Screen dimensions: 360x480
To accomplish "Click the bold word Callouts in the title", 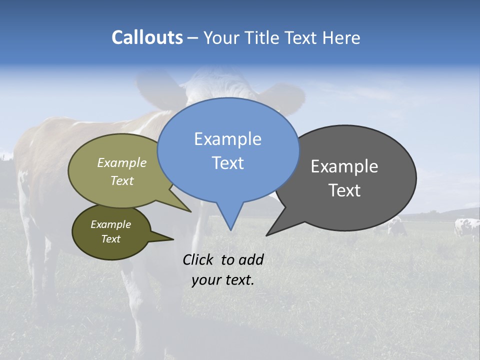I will [147, 37].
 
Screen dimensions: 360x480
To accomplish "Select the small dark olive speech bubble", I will [111, 232].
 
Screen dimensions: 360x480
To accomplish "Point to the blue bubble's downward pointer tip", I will [230, 229].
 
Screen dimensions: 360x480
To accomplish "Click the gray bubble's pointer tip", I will [267, 234].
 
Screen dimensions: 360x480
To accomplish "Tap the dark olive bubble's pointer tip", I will [173, 239].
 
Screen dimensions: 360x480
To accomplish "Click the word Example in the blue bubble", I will [227, 139].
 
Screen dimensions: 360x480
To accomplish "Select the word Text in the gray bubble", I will [344, 190].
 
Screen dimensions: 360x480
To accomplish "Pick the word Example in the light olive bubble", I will [122, 163].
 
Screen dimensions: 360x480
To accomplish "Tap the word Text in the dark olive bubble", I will [111, 239].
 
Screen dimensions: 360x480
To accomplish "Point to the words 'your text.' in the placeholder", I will [223, 280].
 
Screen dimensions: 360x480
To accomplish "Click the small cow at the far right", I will [466, 227].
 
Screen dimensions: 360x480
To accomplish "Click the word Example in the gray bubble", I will [344, 166].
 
